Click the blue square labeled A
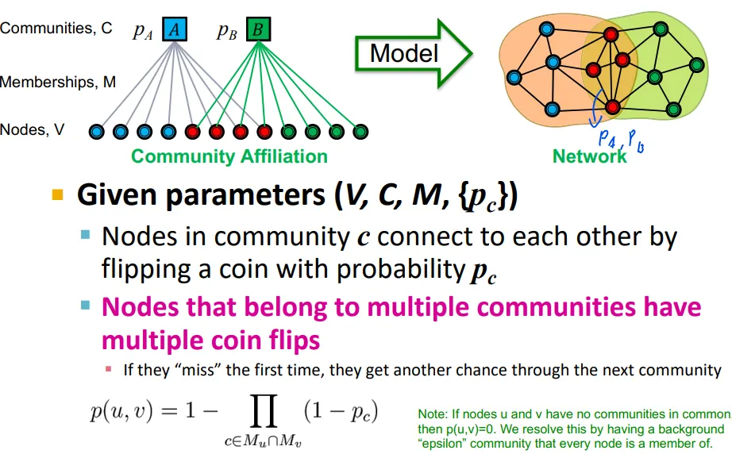175,30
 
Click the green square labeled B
258,30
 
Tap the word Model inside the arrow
404,53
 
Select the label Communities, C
56,29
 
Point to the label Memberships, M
58,82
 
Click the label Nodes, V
33,129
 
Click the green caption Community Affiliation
229,156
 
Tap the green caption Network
589,156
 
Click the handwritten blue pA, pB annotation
619,142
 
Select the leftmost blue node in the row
97,131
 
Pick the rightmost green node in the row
360,131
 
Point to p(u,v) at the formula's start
120,412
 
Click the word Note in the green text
433,414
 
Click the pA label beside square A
143,31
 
